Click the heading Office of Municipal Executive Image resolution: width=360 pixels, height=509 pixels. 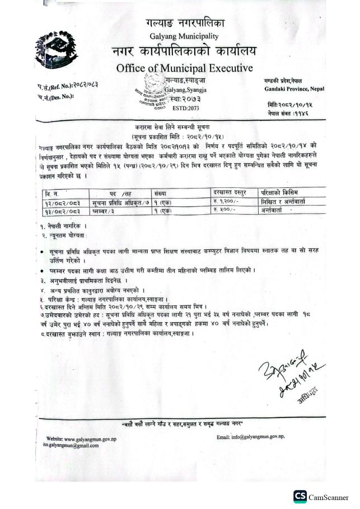pos(184,69)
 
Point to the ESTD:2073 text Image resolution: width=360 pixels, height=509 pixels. pos(185,107)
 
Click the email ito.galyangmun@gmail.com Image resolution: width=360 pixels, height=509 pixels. pos(76,445)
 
